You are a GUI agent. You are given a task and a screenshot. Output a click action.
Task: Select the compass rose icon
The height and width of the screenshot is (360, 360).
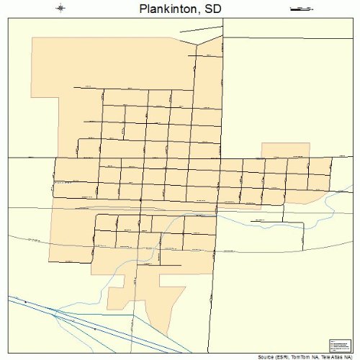click(60, 9)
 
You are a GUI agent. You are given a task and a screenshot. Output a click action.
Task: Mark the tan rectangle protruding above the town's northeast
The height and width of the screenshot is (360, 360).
click(285, 150)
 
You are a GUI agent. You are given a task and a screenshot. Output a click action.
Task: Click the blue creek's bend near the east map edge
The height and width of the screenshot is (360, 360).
click(333, 202)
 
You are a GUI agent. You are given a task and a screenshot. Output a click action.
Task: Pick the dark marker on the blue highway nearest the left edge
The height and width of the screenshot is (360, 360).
click(25, 301)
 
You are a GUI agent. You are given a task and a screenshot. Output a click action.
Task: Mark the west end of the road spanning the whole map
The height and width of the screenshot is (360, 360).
click(8, 157)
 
